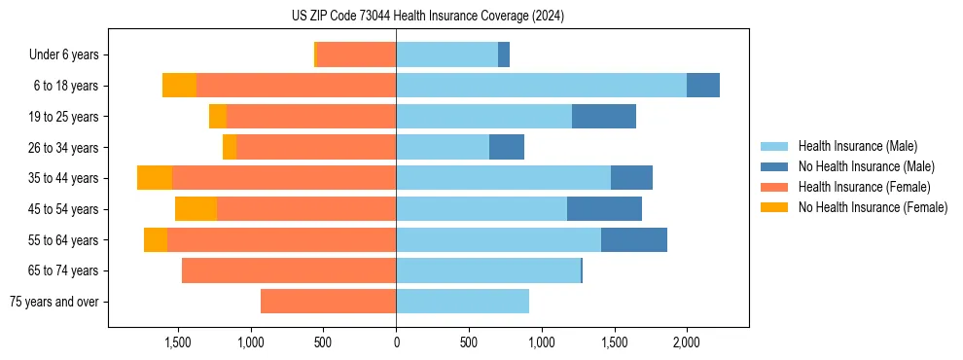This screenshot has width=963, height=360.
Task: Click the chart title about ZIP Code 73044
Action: tap(427, 17)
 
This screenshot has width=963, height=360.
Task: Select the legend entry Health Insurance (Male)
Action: tap(857, 146)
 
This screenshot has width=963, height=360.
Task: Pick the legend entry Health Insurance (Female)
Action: tap(864, 187)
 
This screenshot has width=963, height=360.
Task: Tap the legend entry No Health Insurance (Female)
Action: tap(873, 207)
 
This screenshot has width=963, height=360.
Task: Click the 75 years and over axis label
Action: tap(53, 302)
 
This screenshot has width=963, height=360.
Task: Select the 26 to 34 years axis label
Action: tap(63, 148)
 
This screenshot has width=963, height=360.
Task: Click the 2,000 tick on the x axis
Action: tap(686, 342)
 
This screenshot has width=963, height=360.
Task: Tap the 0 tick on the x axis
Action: tap(396, 342)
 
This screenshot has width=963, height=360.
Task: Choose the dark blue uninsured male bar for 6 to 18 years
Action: tap(702, 86)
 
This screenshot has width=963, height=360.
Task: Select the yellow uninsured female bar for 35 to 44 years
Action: tap(155, 178)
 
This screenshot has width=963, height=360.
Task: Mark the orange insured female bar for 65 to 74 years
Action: tap(289, 270)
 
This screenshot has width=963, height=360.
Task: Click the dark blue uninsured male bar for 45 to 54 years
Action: tap(604, 209)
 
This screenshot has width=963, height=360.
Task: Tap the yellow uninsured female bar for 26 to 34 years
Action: tap(230, 147)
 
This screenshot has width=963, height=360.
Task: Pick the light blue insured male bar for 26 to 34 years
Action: tap(443, 147)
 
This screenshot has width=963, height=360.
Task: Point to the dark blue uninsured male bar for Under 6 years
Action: tap(504, 55)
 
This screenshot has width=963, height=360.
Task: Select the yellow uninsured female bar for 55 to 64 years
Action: tap(156, 240)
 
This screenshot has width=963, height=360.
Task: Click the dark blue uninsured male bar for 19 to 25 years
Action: tap(604, 117)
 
